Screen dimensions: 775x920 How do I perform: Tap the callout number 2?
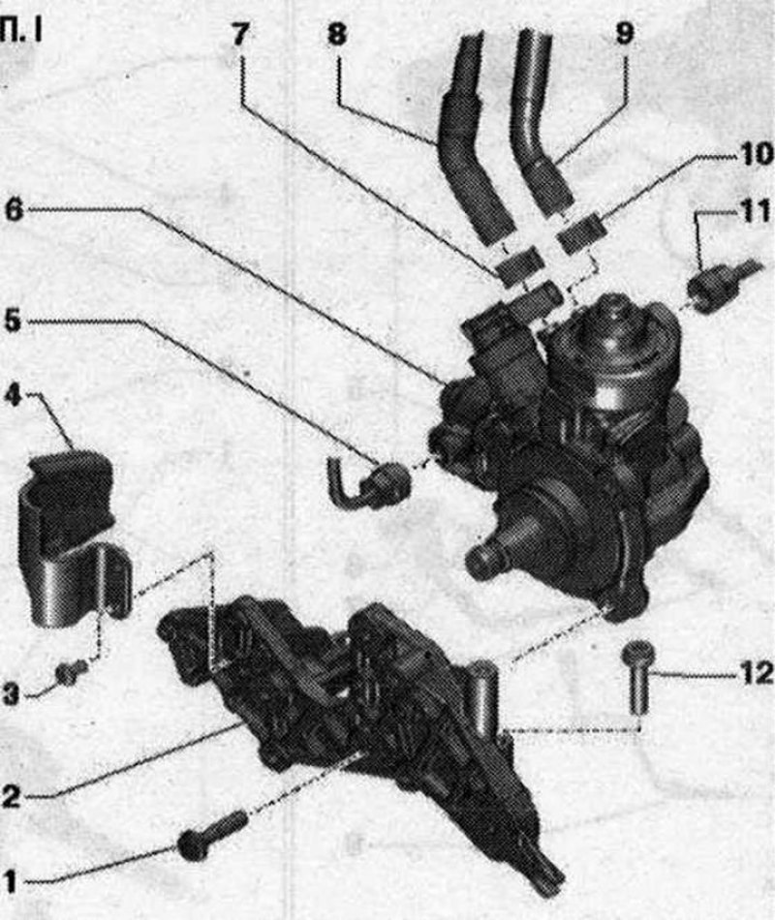point(12,796)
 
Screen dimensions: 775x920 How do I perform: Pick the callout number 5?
point(13,321)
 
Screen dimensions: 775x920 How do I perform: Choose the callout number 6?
point(14,209)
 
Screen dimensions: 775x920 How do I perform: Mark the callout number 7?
point(239,34)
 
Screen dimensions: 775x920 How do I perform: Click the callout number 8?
point(336,34)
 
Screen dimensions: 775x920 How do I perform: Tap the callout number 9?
point(624,33)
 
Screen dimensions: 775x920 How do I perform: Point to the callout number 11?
point(756,211)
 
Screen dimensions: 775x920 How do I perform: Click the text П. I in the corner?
point(20,32)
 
